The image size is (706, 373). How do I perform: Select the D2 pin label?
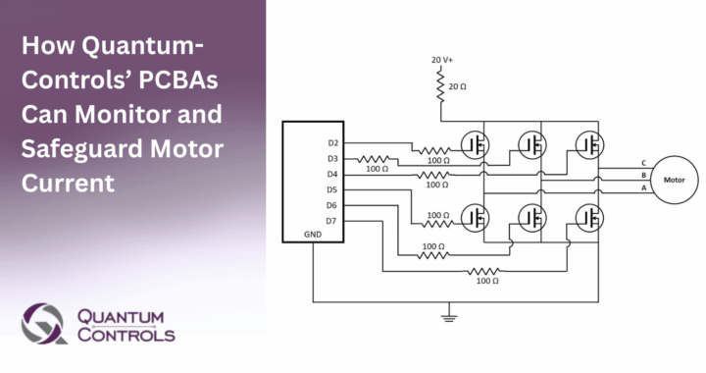pyautogui.click(x=332, y=143)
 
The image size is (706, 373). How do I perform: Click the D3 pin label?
pyautogui.click(x=332, y=158)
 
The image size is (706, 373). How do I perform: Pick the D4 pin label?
pyautogui.click(x=332, y=174)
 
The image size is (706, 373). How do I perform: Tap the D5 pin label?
pyautogui.click(x=332, y=189)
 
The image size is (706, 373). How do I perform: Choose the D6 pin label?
pyautogui.click(x=332, y=205)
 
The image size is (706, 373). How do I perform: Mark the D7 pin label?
pyautogui.click(x=332, y=221)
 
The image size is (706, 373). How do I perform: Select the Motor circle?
pyautogui.click(x=675, y=180)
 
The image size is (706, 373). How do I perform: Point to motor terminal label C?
pyautogui.click(x=643, y=163)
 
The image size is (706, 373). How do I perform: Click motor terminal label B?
pyautogui.click(x=643, y=175)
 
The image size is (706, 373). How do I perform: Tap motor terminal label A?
pyautogui.click(x=643, y=187)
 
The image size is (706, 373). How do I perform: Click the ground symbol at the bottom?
pyautogui.click(x=449, y=317)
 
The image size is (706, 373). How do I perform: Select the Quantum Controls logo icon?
pyautogui.click(x=44, y=323)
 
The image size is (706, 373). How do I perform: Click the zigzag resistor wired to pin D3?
pyautogui.click(x=376, y=158)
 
